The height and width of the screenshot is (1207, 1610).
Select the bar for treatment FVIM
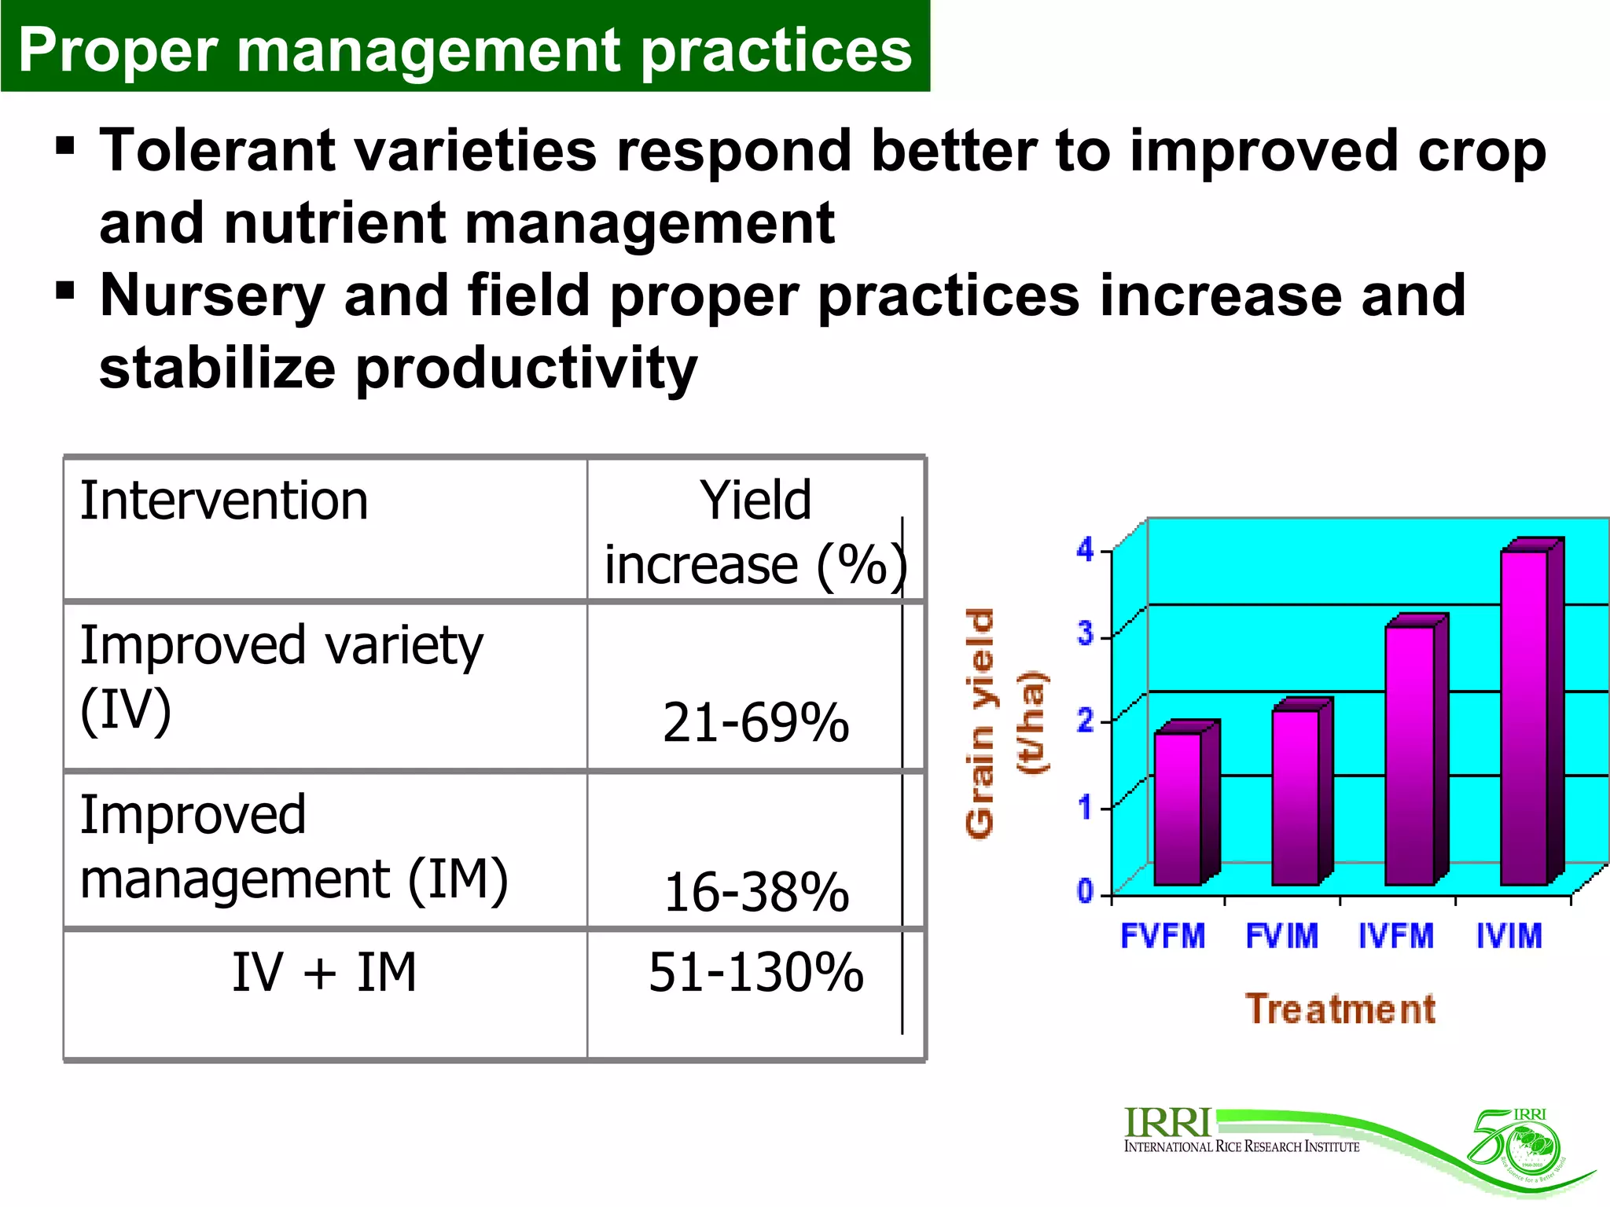[1295, 797]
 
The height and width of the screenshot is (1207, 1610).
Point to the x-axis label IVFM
[1396, 936]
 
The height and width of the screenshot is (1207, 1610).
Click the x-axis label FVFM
[1163, 936]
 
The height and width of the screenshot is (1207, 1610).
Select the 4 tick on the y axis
[1086, 549]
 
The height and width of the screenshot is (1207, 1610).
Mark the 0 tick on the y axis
[1086, 891]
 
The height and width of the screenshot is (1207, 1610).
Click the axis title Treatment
[1340, 1009]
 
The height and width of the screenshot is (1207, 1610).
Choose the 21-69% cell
[755, 722]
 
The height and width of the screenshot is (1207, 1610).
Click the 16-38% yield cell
[756, 893]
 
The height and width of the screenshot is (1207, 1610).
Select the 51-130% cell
[755, 973]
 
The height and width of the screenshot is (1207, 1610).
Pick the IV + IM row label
[324, 973]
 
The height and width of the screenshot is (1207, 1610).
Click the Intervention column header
[224, 501]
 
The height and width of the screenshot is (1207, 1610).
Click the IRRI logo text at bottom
[1168, 1124]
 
